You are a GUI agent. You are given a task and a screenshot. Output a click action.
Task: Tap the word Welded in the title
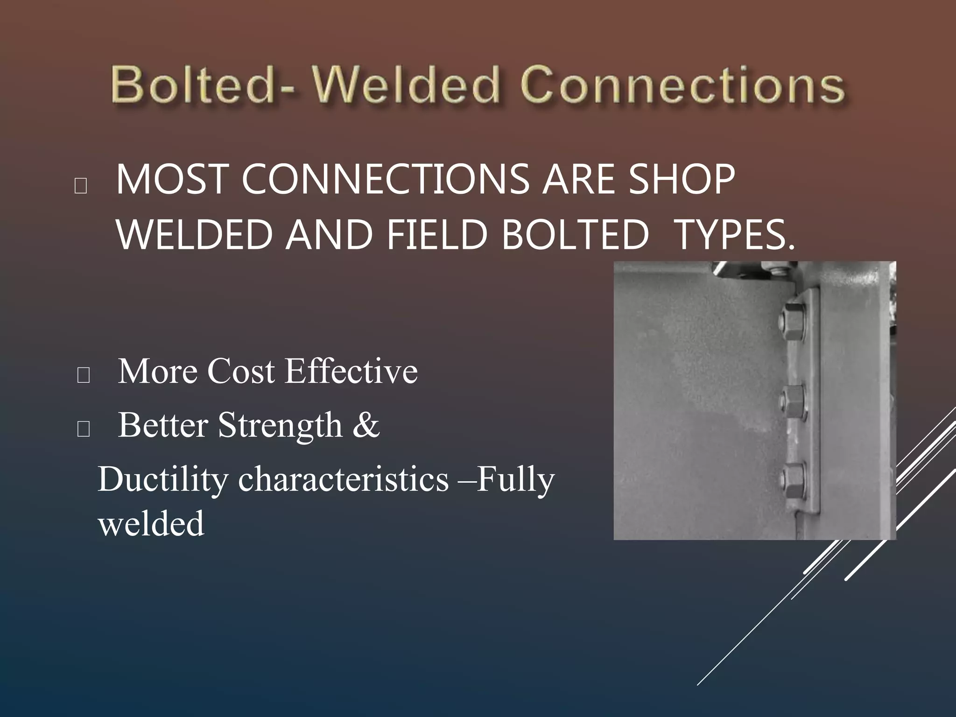pyautogui.click(x=406, y=85)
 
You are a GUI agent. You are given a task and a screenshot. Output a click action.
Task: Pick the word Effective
pyautogui.click(x=351, y=372)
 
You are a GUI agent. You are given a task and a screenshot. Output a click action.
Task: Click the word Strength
pyautogui.click(x=280, y=426)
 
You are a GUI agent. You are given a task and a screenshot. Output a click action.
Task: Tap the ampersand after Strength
pyautogui.click(x=366, y=426)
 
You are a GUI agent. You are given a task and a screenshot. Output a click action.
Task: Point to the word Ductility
pyautogui.click(x=163, y=480)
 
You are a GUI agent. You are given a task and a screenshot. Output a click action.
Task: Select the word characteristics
pyautogui.click(x=344, y=480)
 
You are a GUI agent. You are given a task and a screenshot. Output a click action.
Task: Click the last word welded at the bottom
pyautogui.click(x=151, y=524)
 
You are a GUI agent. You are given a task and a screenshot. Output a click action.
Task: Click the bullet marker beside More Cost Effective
pyautogui.click(x=83, y=375)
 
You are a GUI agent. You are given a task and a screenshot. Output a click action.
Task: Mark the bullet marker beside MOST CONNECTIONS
pyautogui.click(x=80, y=186)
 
